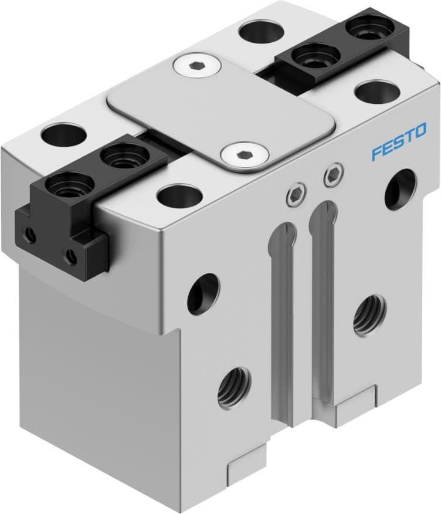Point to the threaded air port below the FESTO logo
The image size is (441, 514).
pyautogui.click(x=369, y=314)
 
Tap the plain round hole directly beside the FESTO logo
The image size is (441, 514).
pyautogui.click(x=401, y=188)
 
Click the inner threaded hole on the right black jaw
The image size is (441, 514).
pyautogui.click(x=316, y=57)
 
